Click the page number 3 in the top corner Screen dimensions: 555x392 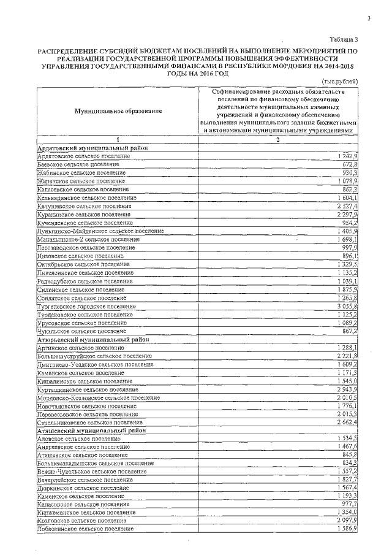[x=369, y=18]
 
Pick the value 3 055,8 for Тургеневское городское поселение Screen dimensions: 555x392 [x=347, y=305]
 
